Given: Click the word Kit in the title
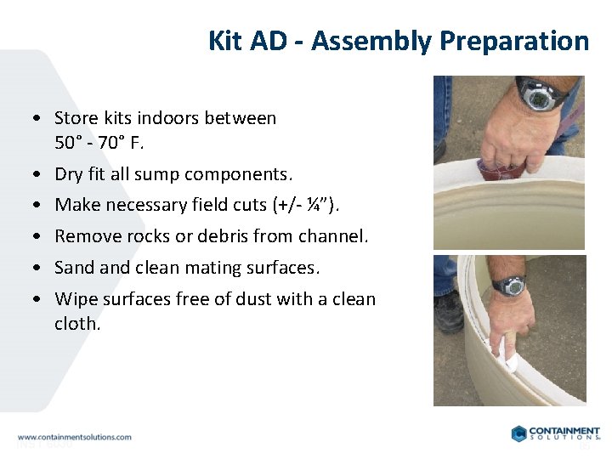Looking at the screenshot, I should coord(224,41).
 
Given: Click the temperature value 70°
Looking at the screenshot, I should coord(114,142).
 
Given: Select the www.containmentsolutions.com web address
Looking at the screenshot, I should coord(75,437).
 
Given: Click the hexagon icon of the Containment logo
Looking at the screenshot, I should coord(519,433).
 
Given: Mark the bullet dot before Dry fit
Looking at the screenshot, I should coord(39,174).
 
